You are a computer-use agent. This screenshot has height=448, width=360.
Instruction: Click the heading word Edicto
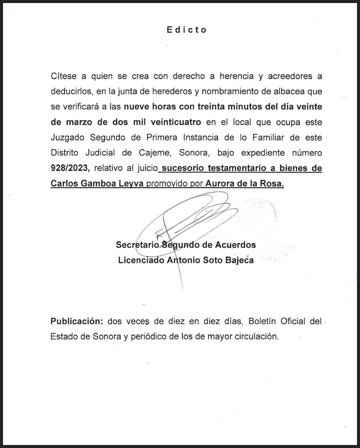(187, 30)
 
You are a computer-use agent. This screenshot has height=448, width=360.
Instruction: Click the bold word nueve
(137, 107)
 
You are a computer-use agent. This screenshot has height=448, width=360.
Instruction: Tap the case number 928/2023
(70, 168)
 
